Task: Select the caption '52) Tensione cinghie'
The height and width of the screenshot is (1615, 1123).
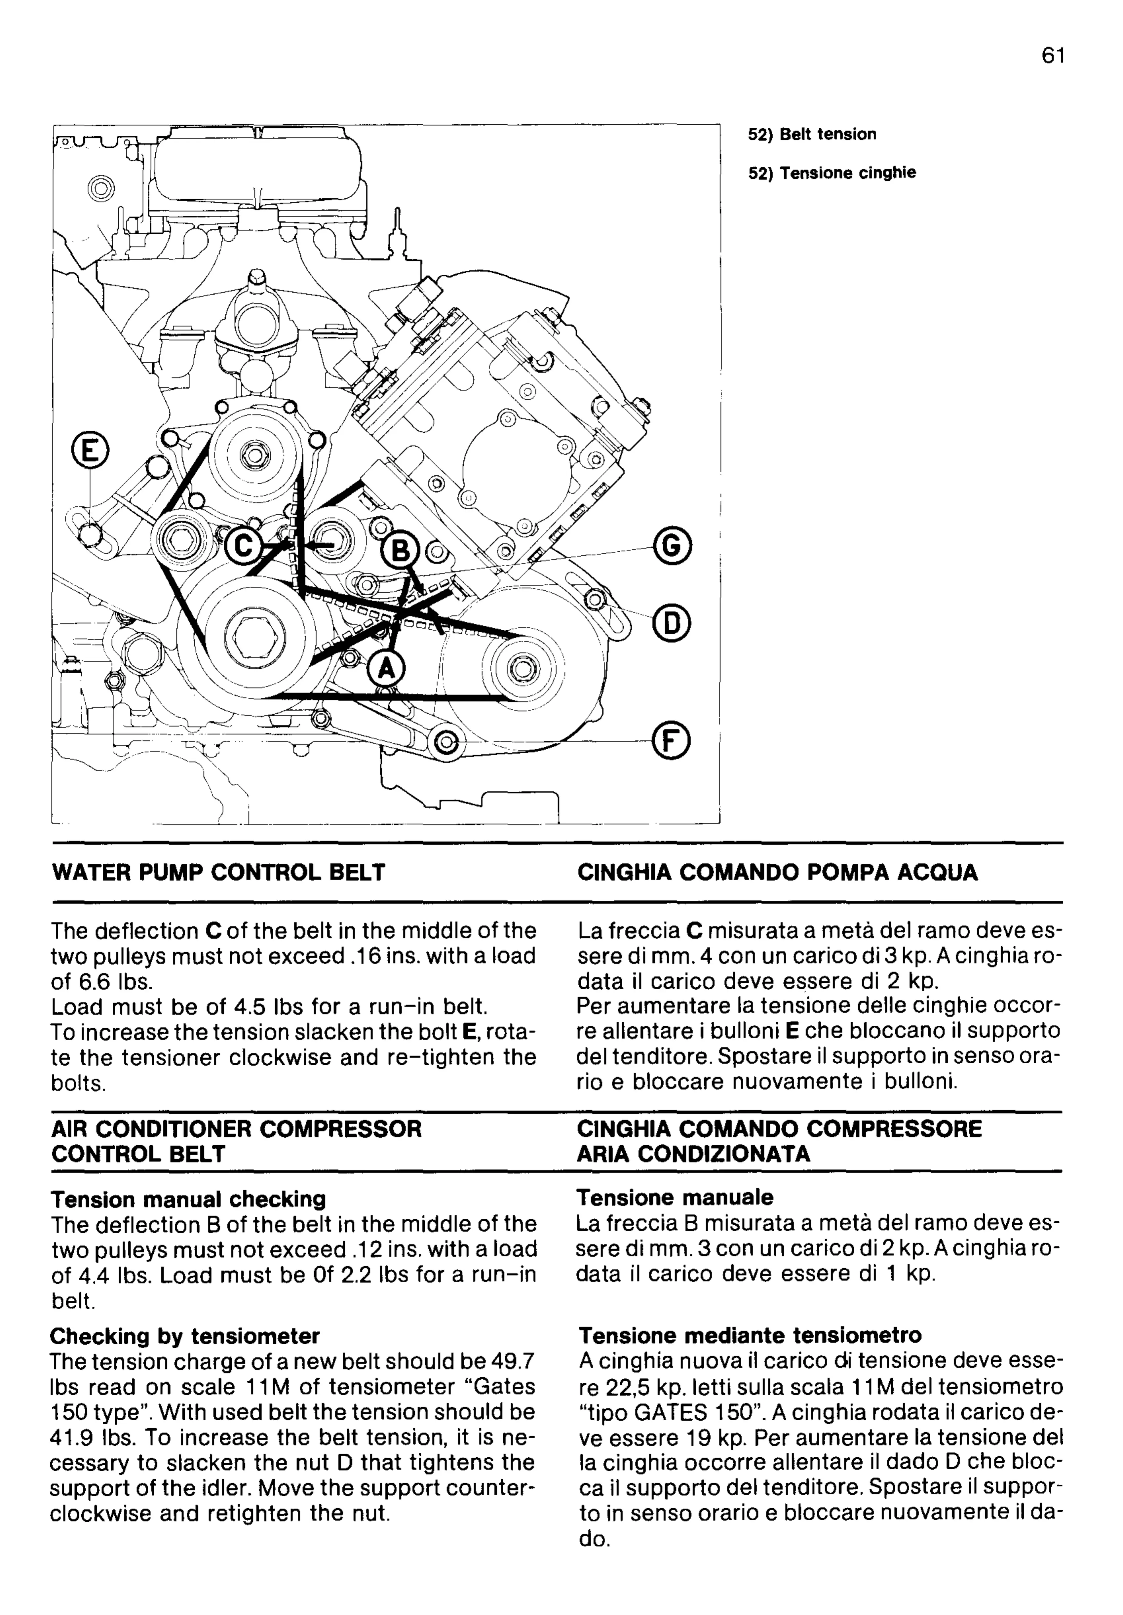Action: (832, 173)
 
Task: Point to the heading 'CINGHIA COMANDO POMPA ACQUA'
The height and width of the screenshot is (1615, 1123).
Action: (777, 873)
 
